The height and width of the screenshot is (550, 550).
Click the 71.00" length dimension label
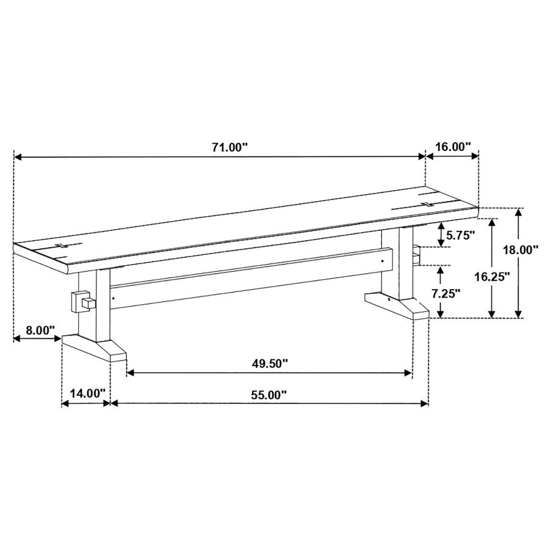(x=230, y=147)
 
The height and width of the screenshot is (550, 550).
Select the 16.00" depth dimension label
(x=452, y=147)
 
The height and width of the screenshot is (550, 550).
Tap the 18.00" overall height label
(x=521, y=250)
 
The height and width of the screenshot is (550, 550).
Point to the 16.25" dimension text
(x=492, y=276)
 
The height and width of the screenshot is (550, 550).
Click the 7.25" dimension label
(x=446, y=293)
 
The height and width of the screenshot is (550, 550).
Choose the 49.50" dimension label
(x=269, y=364)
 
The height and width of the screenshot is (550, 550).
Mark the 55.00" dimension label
(x=269, y=395)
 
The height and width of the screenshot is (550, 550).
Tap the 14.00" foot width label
(x=87, y=393)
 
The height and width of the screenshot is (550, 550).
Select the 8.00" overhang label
(x=40, y=331)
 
